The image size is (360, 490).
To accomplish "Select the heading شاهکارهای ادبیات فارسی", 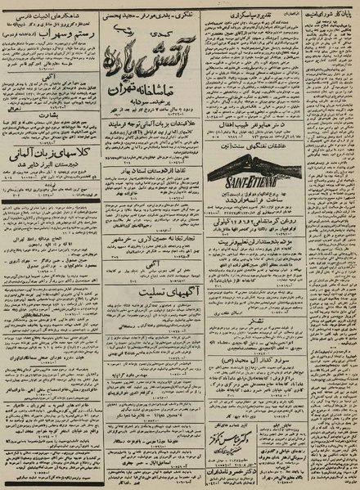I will pos(51,14).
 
